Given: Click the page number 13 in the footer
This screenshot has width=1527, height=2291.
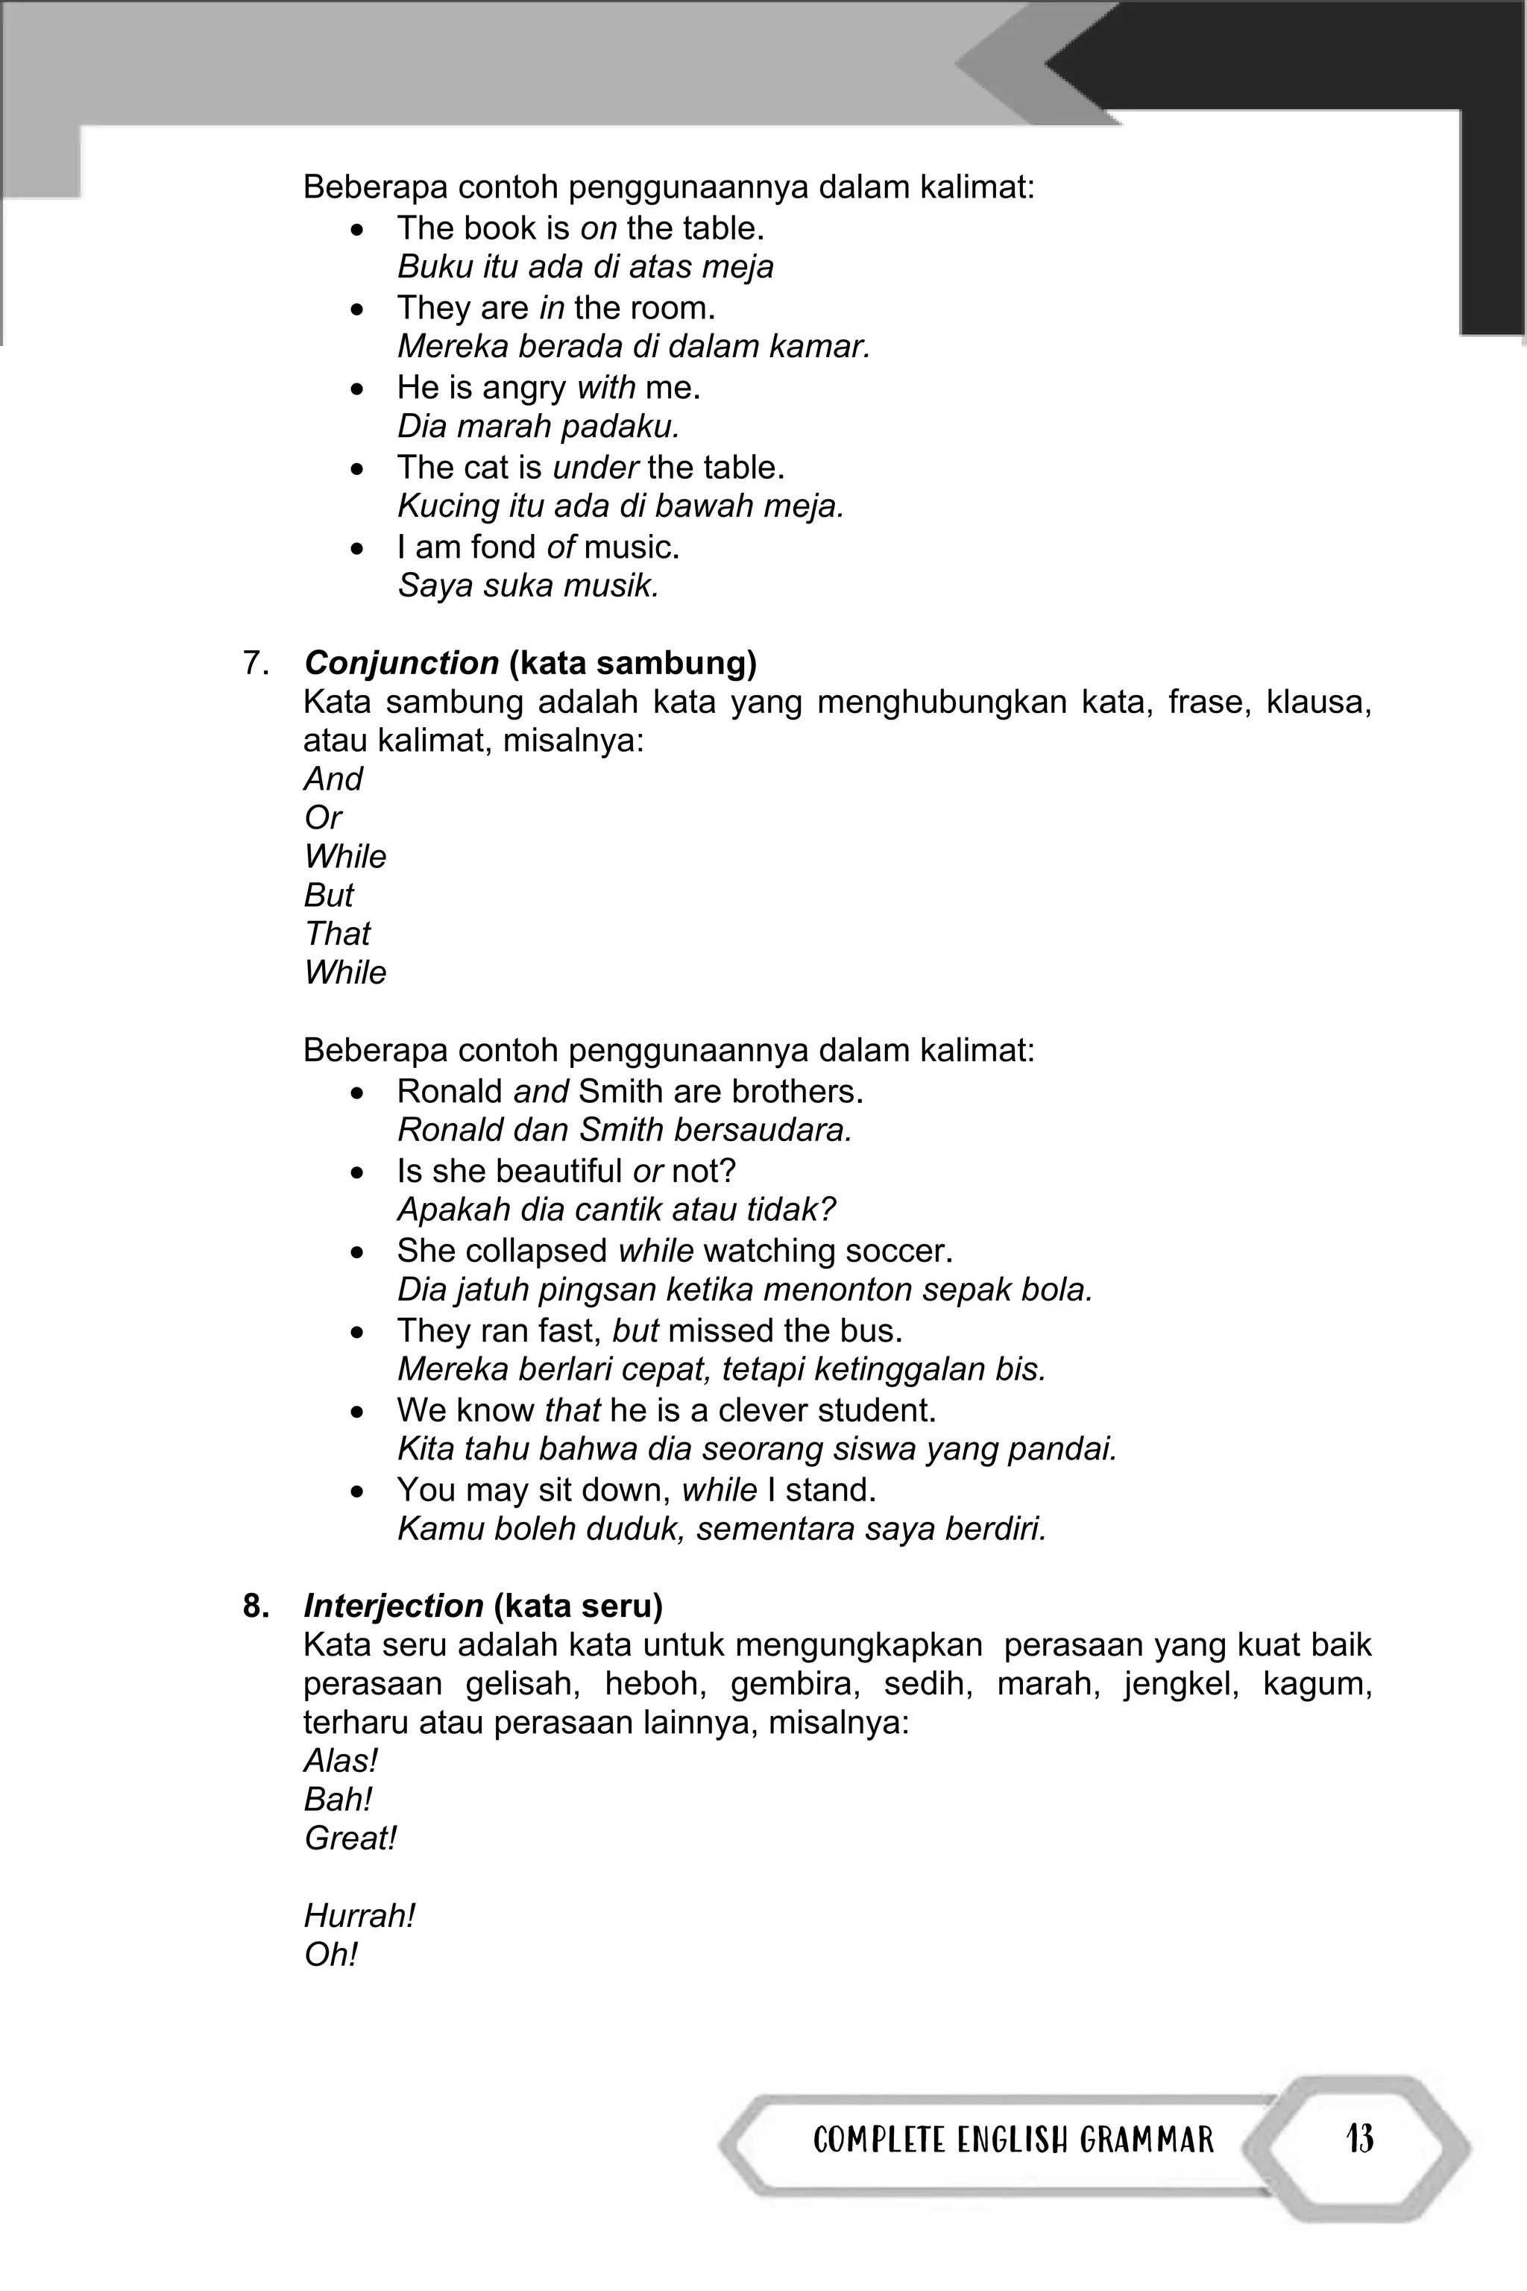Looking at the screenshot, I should tap(1359, 2139).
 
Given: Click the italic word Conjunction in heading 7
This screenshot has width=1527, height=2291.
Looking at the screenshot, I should tap(401, 663).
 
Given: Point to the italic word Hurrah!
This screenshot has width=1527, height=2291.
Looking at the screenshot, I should tap(359, 1915).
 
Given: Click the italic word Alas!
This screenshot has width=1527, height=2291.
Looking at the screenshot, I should tap(341, 1761).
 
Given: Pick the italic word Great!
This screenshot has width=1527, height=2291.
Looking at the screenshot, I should tap(350, 1838).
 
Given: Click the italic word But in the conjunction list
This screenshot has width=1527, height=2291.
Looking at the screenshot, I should tap(329, 895).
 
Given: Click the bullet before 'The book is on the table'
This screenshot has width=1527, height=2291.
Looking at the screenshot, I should tap(359, 230).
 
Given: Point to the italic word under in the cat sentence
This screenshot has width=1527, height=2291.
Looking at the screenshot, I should tap(595, 468).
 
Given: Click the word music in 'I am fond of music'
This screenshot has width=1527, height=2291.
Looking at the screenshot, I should tap(632, 547).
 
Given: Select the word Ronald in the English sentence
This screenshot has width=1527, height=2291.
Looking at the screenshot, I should tap(450, 1091).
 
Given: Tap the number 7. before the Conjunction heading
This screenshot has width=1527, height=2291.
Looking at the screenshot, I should tap(256, 663).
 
